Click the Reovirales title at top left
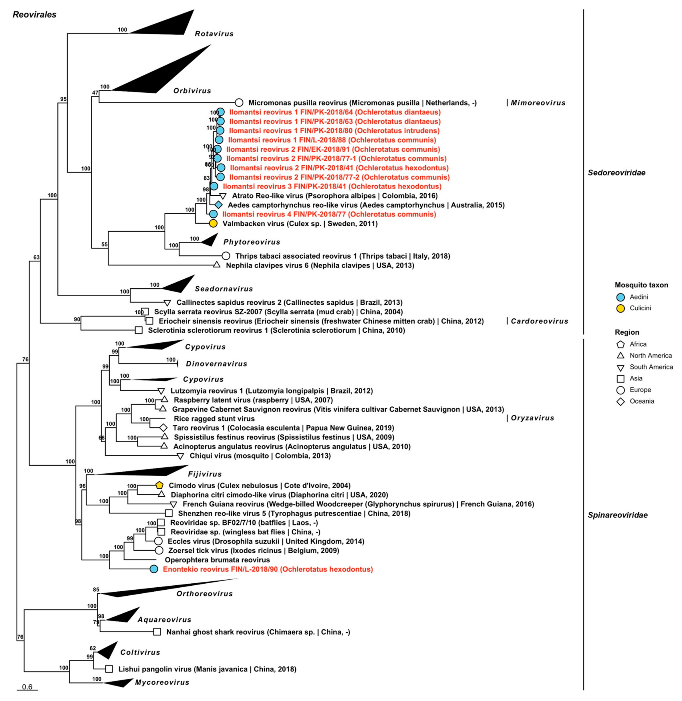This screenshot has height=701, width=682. point(34,15)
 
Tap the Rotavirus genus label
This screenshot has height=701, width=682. point(214,34)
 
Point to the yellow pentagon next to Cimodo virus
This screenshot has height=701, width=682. point(159,485)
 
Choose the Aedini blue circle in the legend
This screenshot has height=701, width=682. point(621,297)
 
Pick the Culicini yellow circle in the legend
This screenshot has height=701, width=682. point(621,308)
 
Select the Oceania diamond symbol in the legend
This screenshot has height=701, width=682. point(621,401)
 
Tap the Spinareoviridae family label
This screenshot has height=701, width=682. point(618,515)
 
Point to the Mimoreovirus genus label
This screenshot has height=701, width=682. point(538,103)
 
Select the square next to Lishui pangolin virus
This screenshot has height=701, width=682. point(109,669)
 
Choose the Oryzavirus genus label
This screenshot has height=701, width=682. point(532,418)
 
